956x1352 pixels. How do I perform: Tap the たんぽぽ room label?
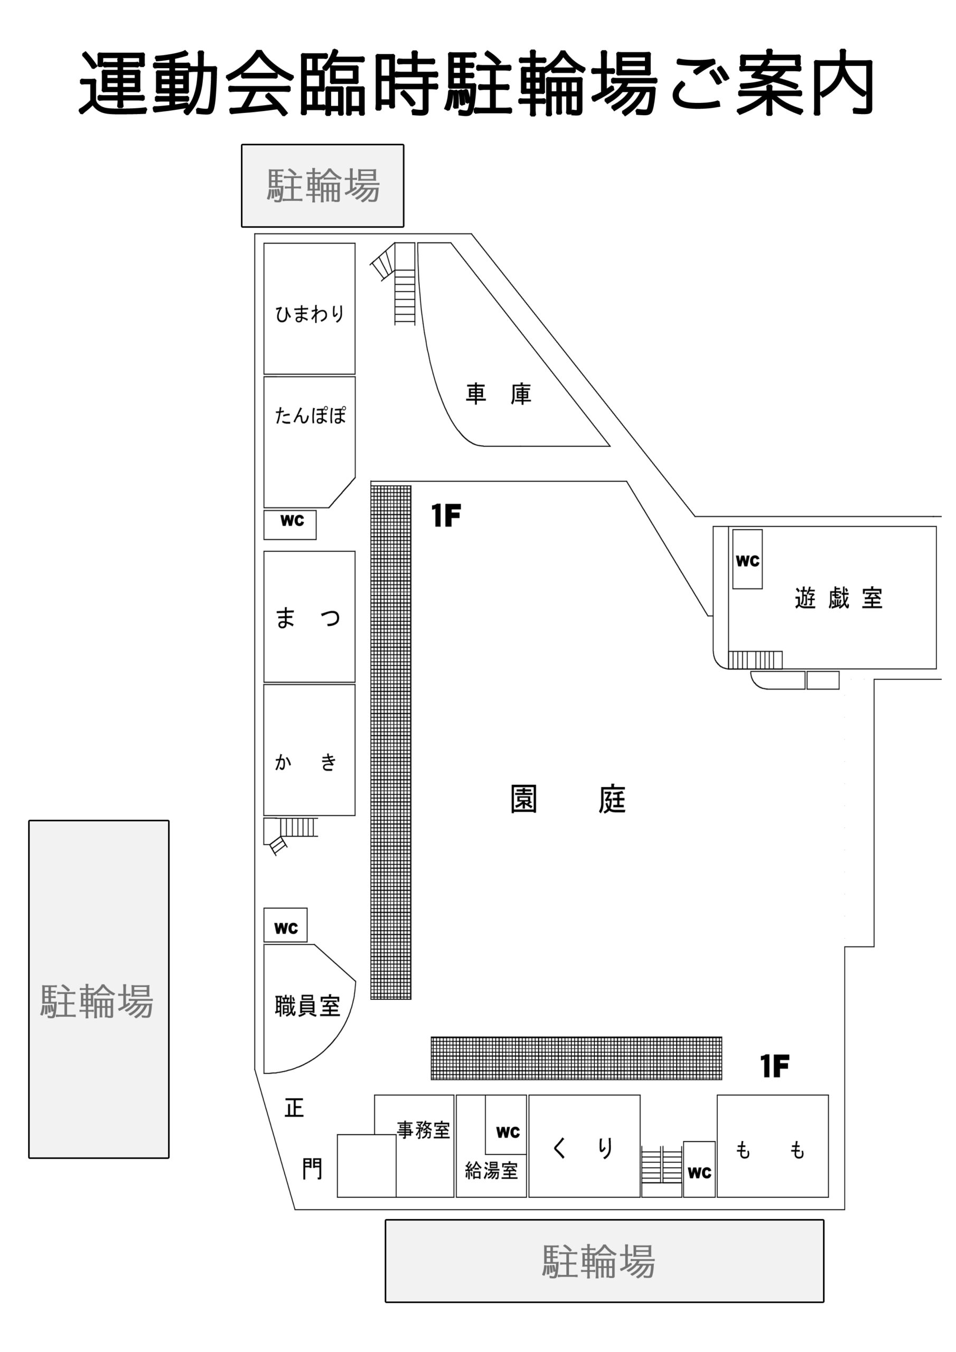tap(311, 415)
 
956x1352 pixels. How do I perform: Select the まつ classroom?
tap(309, 616)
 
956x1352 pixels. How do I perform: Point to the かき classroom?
tap(309, 749)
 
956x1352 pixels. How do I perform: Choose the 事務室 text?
tap(424, 1130)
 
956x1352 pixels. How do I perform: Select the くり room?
tap(584, 1146)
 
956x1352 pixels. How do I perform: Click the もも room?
tap(773, 1146)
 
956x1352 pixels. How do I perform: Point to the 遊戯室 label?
tap(839, 598)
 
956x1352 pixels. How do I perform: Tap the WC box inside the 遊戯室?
tap(747, 559)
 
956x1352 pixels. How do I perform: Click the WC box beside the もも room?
tap(699, 1169)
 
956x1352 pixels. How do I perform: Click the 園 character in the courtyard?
tap(523, 799)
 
